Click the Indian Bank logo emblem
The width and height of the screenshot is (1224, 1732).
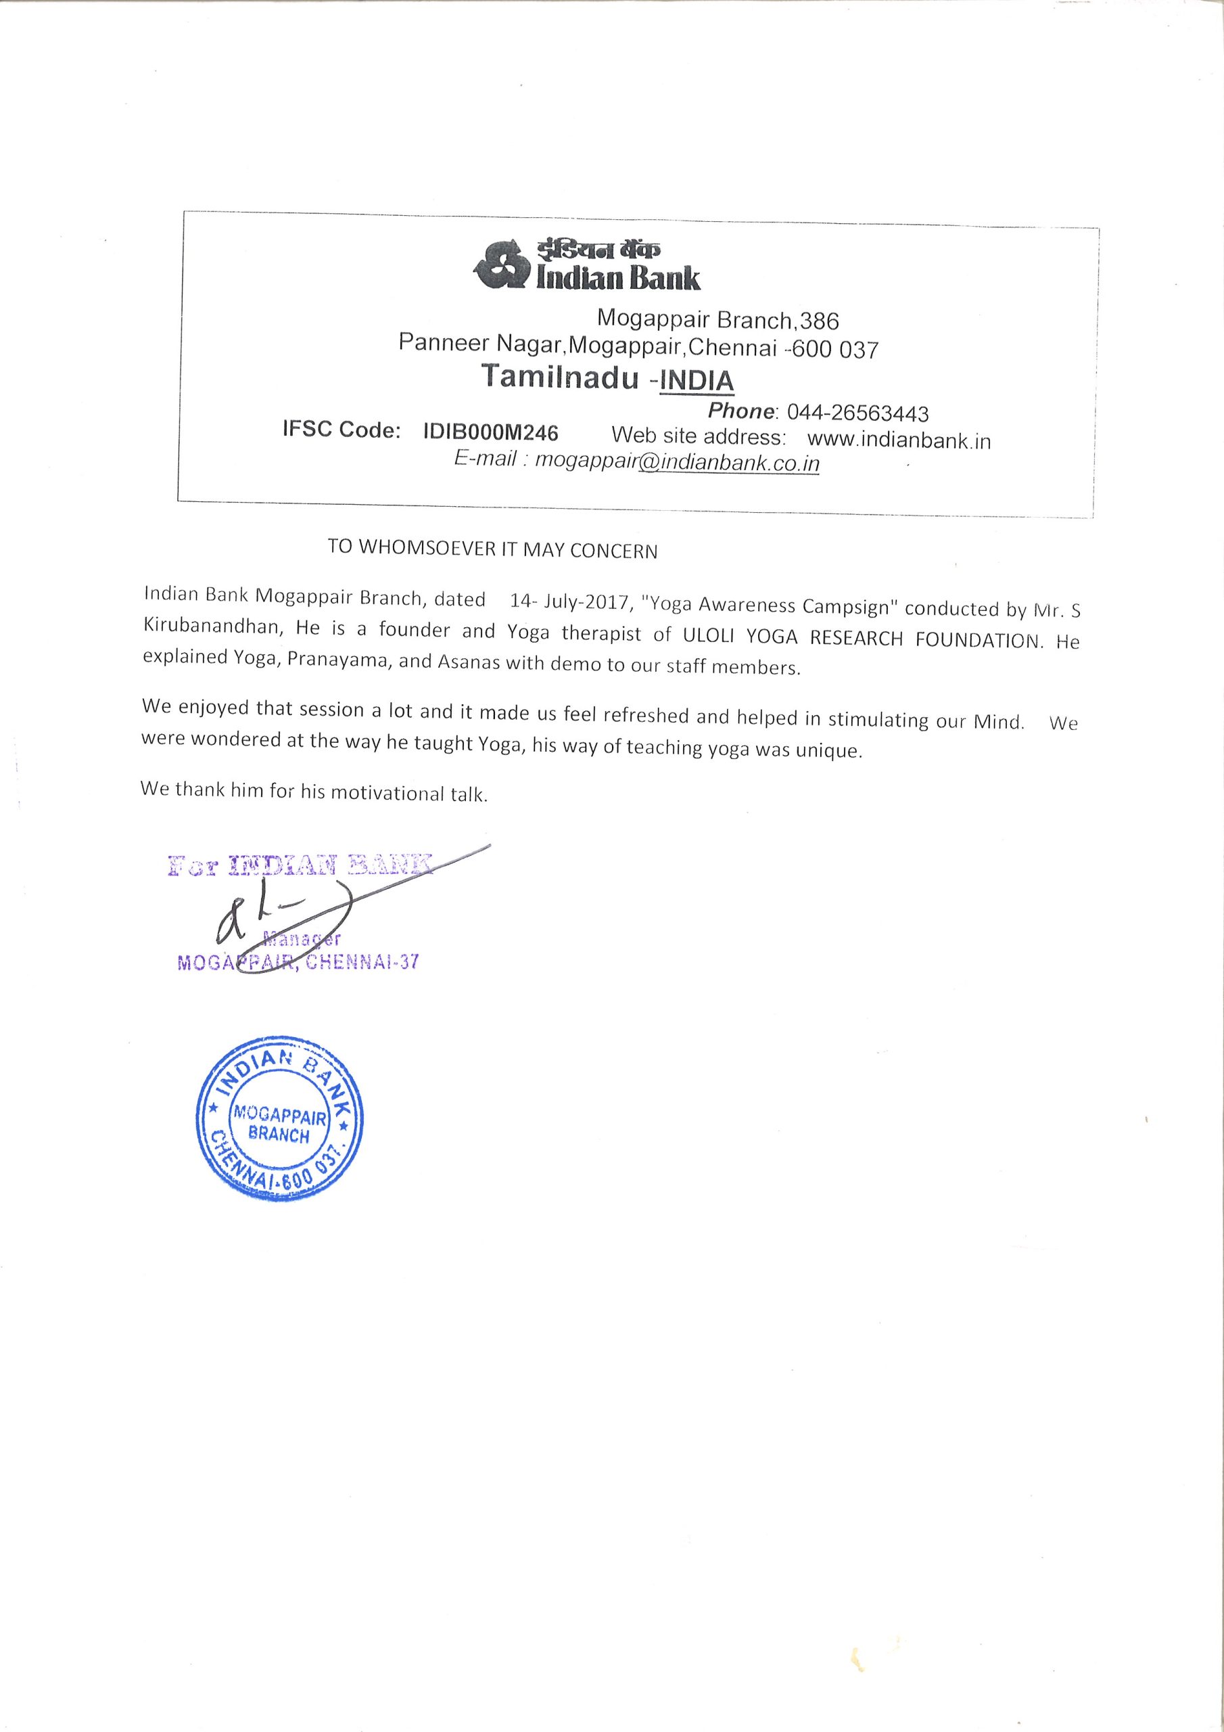point(499,265)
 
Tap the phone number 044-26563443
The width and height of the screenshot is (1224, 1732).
point(857,413)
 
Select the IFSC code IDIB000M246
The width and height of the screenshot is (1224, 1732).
point(490,432)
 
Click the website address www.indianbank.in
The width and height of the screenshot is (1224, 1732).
point(898,439)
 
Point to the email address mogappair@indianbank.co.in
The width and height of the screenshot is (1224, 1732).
point(676,461)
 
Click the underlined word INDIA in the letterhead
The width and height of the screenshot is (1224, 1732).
point(696,381)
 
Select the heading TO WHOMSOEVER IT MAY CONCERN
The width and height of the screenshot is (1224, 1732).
point(492,549)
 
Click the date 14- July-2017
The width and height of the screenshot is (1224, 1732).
point(569,603)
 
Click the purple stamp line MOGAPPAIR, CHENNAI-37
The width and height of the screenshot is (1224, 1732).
point(297,963)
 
